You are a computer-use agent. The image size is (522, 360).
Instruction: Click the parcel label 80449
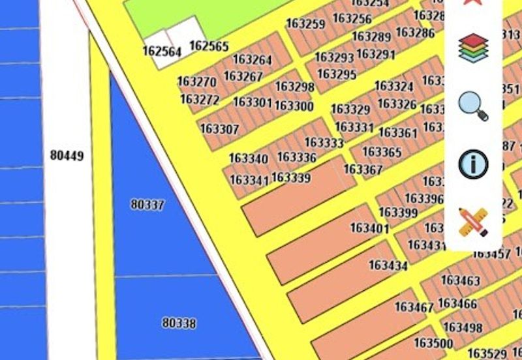pos(67,156)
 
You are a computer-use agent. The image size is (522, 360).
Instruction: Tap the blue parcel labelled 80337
pos(147,205)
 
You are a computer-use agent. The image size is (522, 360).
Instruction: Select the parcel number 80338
pos(179,323)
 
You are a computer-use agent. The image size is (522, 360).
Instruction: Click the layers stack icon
pos(473,48)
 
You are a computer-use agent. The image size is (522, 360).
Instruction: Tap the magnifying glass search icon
pos(473,106)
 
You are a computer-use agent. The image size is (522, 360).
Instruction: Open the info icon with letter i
pos(473,164)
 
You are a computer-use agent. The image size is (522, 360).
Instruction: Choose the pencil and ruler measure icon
pos(473,222)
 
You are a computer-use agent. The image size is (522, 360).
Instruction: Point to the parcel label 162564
pos(162,52)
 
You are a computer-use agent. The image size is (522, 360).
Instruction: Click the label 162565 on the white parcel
pos(209,46)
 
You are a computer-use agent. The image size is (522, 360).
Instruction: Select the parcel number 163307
pos(219,129)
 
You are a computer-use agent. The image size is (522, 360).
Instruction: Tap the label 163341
pos(249,179)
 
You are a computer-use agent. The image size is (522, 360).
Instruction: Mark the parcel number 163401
pos(369,228)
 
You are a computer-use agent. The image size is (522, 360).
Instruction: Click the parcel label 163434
pos(388,265)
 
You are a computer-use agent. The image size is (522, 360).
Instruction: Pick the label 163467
pos(414,307)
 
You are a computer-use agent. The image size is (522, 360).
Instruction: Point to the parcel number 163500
pos(433,343)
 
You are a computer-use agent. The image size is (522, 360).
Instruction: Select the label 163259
pos(305,24)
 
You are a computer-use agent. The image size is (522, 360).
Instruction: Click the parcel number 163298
pos(294,87)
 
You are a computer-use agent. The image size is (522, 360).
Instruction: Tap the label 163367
pos(363,170)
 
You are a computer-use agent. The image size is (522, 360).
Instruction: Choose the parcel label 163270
pos(196,82)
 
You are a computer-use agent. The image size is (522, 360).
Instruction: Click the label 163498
pos(463,327)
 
